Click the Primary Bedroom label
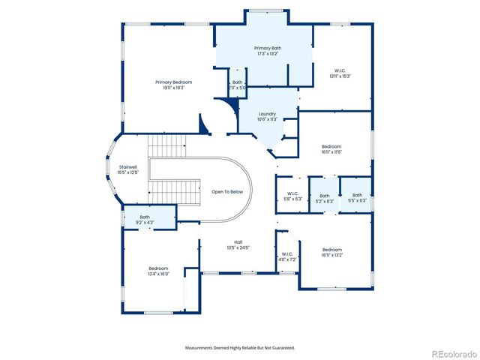tap(174, 82)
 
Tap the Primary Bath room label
tap(267, 48)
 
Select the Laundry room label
tap(268, 114)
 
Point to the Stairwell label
tap(128, 166)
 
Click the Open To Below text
tap(227, 191)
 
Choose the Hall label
tap(238, 241)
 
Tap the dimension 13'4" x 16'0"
tap(158, 274)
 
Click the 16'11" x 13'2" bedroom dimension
tap(332, 255)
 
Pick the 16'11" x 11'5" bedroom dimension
tap(331, 151)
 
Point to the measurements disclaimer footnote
tap(240, 348)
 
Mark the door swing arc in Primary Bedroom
tap(204, 124)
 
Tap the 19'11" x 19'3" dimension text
tap(174, 88)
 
